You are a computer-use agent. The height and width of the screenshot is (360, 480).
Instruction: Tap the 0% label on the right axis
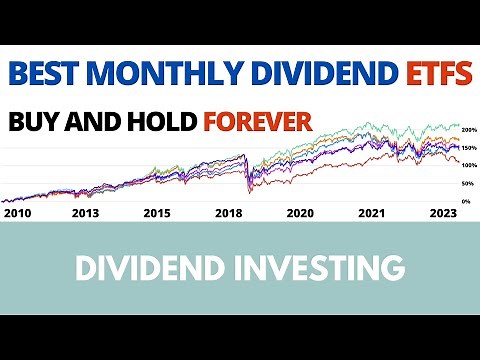467,201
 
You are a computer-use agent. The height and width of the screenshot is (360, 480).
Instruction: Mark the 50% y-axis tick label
466,184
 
